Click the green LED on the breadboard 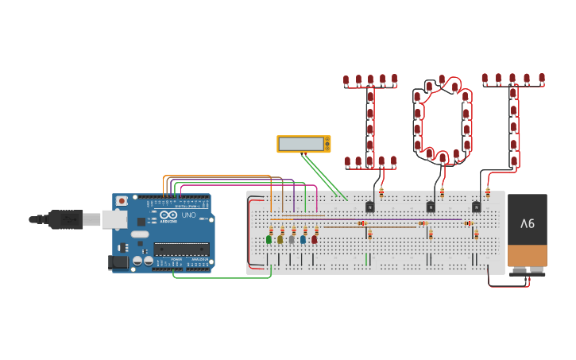pos(269,238)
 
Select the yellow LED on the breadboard pos(280,238)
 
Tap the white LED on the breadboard pos(292,238)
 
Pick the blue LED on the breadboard pos(303,238)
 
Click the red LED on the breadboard pos(315,238)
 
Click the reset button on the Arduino pos(122,201)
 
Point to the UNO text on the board pos(189,215)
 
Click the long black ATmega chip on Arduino pos(181,249)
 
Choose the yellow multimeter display pos(303,144)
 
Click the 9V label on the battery pos(528,224)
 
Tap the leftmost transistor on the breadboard pos(370,207)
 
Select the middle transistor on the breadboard pos(431,207)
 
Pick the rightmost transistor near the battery pos(477,207)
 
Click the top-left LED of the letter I pos(346,80)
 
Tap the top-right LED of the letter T pos(542,78)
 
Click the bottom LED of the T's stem pos(514,161)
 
